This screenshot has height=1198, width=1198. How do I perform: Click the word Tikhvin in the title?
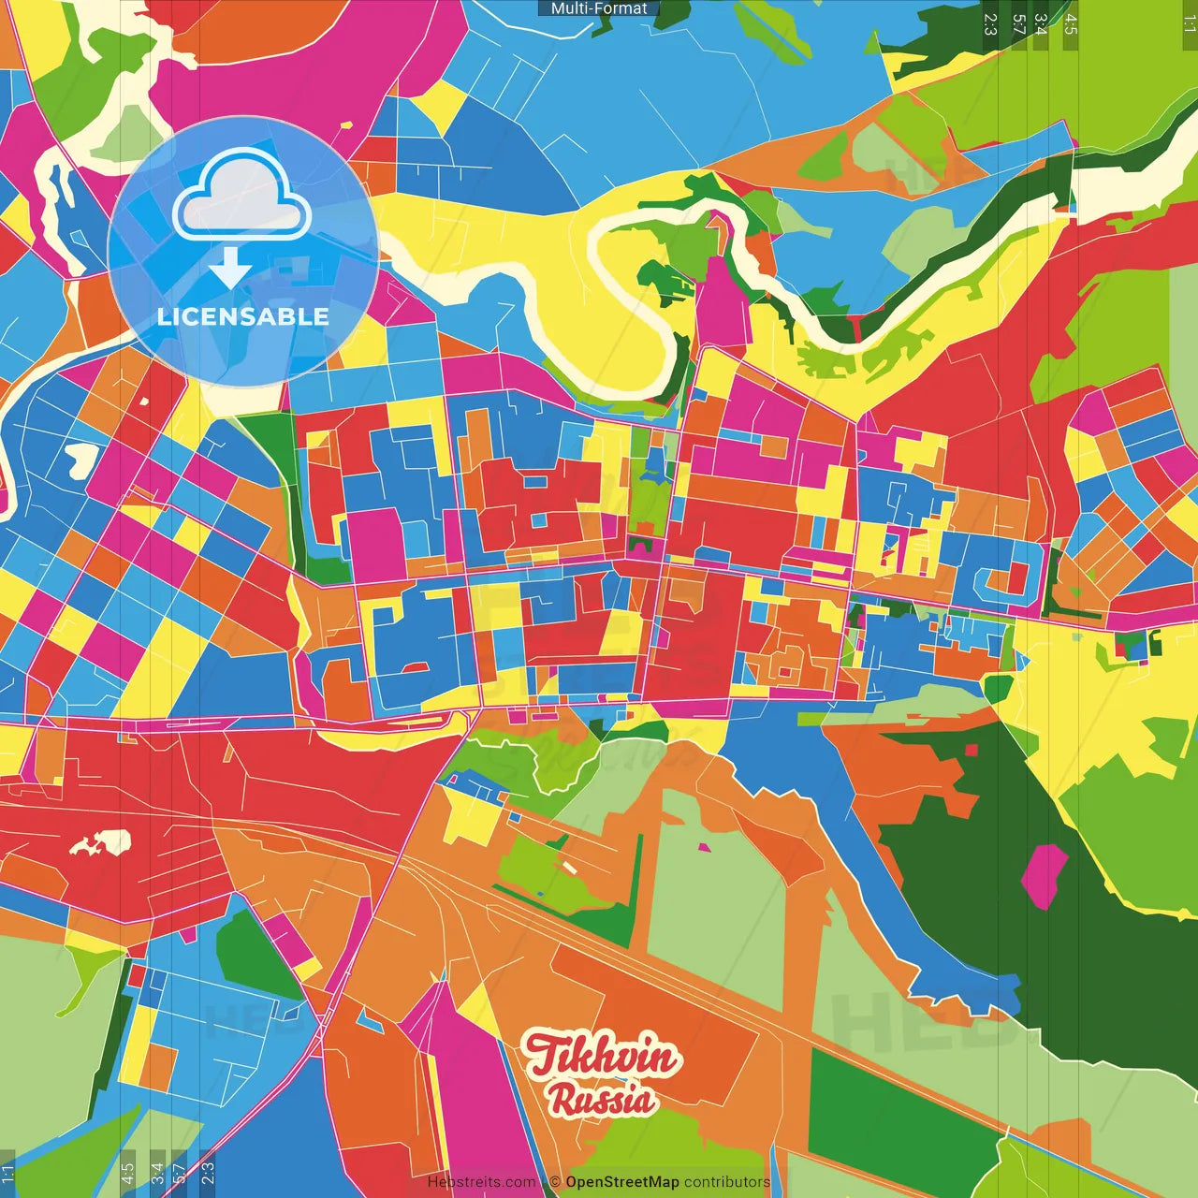pyautogui.click(x=600, y=1057)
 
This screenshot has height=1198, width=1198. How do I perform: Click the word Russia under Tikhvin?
pyautogui.click(x=602, y=1100)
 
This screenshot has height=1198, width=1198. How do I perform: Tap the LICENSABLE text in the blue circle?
pyautogui.click(x=243, y=316)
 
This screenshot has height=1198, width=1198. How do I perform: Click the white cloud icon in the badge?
pyautogui.click(x=242, y=197)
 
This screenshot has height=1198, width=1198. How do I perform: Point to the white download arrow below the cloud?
pyautogui.click(x=230, y=268)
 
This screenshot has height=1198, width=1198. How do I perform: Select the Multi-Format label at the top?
pyautogui.click(x=599, y=8)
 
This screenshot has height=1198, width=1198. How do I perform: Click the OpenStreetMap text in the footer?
pyautogui.click(x=621, y=1182)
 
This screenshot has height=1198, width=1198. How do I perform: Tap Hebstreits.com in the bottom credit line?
pyautogui.click(x=482, y=1182)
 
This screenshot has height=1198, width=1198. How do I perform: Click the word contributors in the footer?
pyautogui.click(x=727, y=1182)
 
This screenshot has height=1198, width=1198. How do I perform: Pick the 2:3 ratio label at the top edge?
pyautogui.click(x=990, y=24)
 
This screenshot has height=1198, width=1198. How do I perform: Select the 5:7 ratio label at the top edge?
pyautogui.click(x=1018, y=24)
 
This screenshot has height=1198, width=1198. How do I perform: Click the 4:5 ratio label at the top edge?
pyautogui.click(x=1071, y=24)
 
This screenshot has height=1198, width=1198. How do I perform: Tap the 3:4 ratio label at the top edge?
pyautogui.click(x=1041, y=24)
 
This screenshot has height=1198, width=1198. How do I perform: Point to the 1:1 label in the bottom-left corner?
pyautogui.click(x=8, y=1175)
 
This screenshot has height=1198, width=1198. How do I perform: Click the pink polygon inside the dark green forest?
pyautogui.click(x=1044, y=876)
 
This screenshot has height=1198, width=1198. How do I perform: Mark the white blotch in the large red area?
pyautogui.click(x=100, y=844)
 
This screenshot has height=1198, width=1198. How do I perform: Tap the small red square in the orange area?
pyautogui.click(x=972, y=750)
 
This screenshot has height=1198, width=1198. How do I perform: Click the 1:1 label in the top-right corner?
pyautogui.click(x=1189, y=24)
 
